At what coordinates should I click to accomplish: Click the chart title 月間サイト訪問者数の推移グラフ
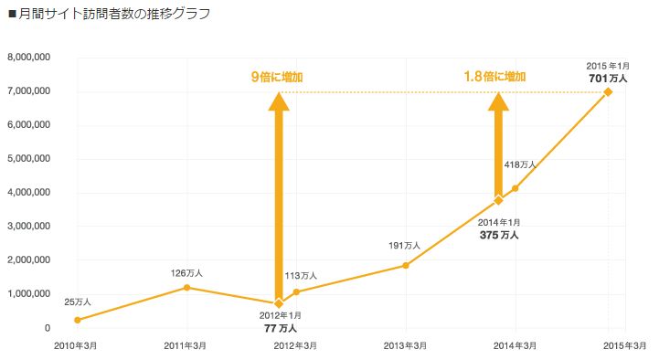point(115,14)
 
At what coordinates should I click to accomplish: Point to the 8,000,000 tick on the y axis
point(28,58)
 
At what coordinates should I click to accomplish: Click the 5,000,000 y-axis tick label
point(28,159)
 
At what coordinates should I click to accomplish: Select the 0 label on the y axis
point(47,328)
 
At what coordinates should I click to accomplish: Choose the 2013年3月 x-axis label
point(406,345)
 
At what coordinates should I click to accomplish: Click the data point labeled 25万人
point(78,320)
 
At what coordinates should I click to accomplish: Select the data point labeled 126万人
point(187,287)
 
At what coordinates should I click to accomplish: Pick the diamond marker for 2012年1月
point(279,303)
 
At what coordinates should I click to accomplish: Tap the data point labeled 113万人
point(296,292)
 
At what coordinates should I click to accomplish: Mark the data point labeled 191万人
point(406,266)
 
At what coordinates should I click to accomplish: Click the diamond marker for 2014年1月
point(498,200)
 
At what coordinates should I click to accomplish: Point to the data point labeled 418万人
point(516,188)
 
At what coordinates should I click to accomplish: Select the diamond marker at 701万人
point(608,91)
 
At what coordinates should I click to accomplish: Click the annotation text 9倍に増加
point(278,77)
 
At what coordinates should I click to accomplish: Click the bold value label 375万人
point(499,235)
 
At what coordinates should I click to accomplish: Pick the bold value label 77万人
point(279,327)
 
